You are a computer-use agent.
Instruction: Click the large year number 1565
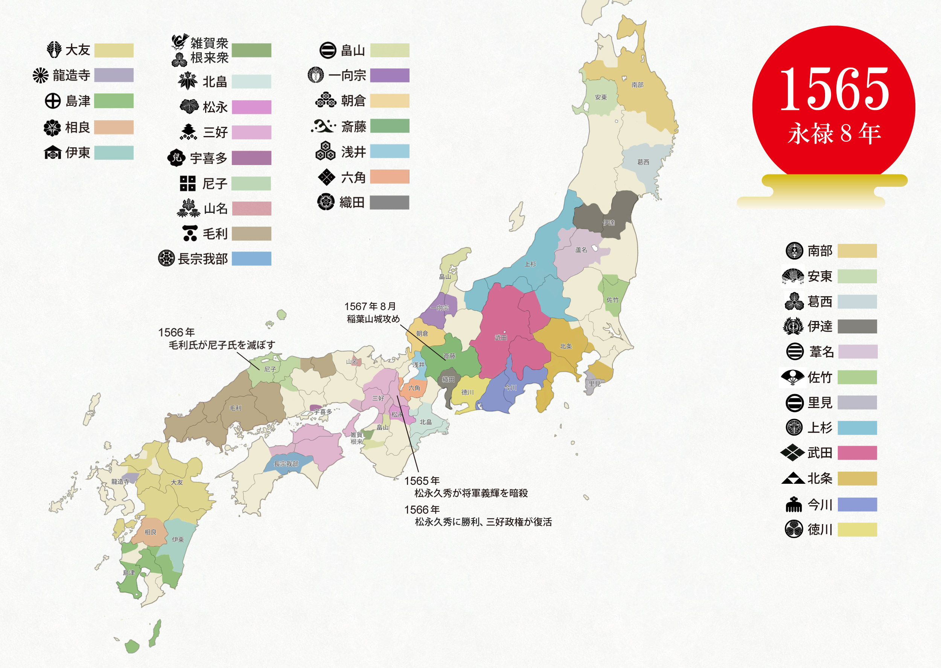(834, 90)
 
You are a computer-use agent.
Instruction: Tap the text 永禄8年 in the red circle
(834, 133)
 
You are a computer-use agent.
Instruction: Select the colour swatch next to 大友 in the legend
(114, 50)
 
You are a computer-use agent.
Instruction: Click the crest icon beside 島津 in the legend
(53, 101)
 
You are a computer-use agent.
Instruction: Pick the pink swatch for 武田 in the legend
(857, 453)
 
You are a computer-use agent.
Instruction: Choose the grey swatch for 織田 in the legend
(389, 202)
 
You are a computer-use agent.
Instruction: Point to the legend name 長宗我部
(203, 259)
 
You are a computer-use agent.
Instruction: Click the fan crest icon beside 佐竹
(793, 377)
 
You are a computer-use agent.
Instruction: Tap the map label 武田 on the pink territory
(501, 338)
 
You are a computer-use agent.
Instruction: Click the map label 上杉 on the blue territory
(530, 264)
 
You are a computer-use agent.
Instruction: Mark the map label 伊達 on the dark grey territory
(609, 223)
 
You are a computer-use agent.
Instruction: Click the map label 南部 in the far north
(637, 85)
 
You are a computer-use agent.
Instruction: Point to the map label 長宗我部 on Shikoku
(286, 464)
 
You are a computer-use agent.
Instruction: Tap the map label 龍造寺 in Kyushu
(120, 482)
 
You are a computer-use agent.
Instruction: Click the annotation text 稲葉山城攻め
(373, 319)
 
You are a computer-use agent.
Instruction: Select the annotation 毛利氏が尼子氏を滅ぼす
(222, 345)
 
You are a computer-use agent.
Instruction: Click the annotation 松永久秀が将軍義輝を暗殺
(471, 493)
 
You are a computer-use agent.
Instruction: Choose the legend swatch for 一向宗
(390, 76)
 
